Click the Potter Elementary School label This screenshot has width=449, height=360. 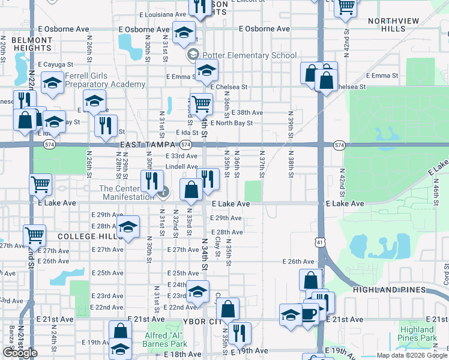coord(249,56)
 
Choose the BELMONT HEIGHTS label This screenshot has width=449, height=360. coord(31,44)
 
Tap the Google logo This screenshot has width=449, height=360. coord(20,353)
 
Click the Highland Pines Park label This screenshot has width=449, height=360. coord(418,334)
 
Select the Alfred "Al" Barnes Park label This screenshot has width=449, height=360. coord(165,340)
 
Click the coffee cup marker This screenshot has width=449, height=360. coord(309,313)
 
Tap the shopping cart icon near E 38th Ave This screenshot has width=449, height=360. coord(201,104)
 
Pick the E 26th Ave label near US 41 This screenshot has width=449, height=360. coord(299,262)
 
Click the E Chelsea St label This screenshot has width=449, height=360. coord(229,87)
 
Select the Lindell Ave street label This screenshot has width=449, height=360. coord(181,167)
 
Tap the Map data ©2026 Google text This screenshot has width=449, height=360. coord(412,356)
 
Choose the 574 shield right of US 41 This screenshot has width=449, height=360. coord(339,145)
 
